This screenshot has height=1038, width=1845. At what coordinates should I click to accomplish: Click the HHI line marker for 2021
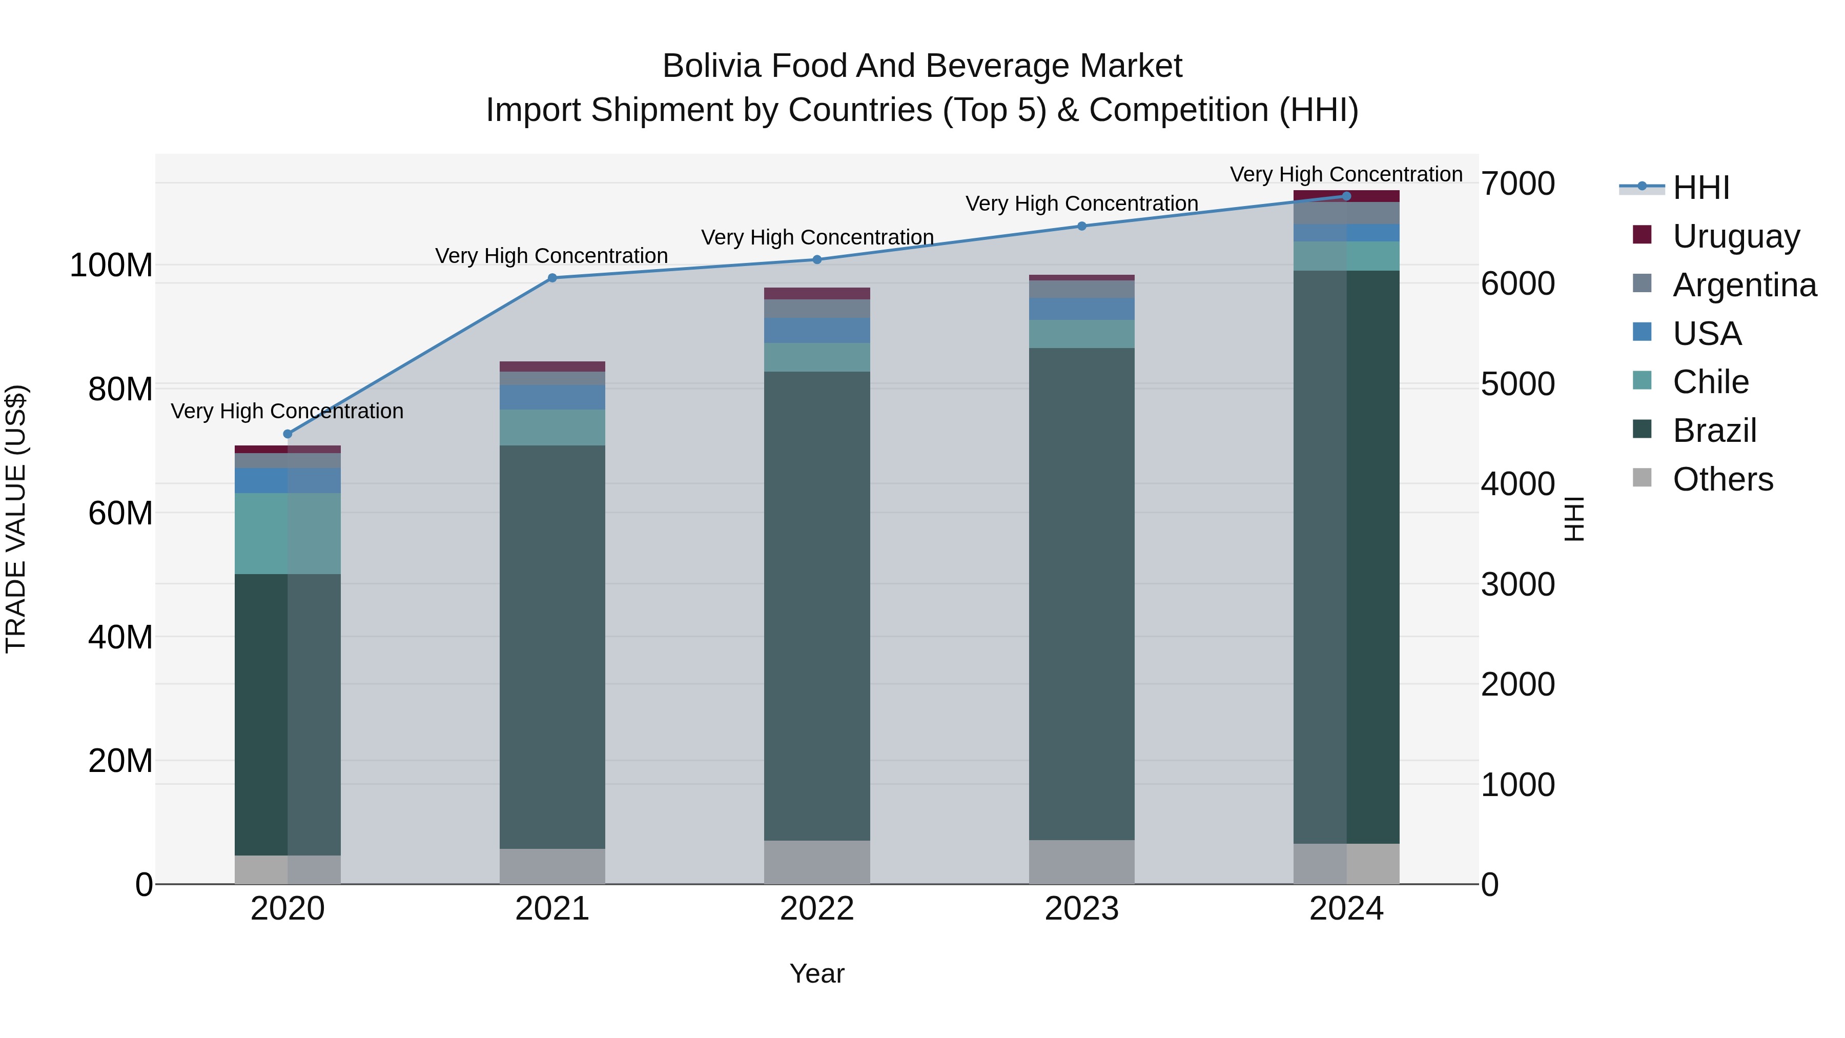pyautogui.click(x=552, y=278)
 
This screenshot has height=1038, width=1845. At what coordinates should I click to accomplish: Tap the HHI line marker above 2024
pyautogui.click(x=1346, y=196)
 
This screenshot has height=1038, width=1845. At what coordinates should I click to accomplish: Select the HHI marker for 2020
pyautogui.click(x=288, y=434)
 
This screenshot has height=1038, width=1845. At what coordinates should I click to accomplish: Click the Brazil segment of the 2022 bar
pyautogui.click(x=817, y=605)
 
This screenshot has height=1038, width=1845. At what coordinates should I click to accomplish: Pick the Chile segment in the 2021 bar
pyautogui.click(x=552, y=428)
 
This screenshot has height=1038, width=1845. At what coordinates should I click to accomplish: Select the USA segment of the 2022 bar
pyautogui.click(x=817, y=331)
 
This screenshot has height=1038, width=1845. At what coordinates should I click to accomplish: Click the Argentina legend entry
pyautogui.click(x=1744, y=285)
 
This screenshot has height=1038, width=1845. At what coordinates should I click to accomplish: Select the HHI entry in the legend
pyautogui.click(x=1701, y=188)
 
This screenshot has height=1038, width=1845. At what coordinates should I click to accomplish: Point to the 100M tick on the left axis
pyautogui.click(x=111, y=266)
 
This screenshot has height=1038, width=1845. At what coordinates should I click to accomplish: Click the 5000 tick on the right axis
pyautogui.click(x=1518, y=384)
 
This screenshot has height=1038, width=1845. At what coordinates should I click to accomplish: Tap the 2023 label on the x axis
pyautogui.click(x=1081, y=909)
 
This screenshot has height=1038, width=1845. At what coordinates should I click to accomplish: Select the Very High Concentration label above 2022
pyautogui.click(x=817, y=237)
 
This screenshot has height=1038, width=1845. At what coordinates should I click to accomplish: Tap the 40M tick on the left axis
pyautogui.click(x=120, y=637)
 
